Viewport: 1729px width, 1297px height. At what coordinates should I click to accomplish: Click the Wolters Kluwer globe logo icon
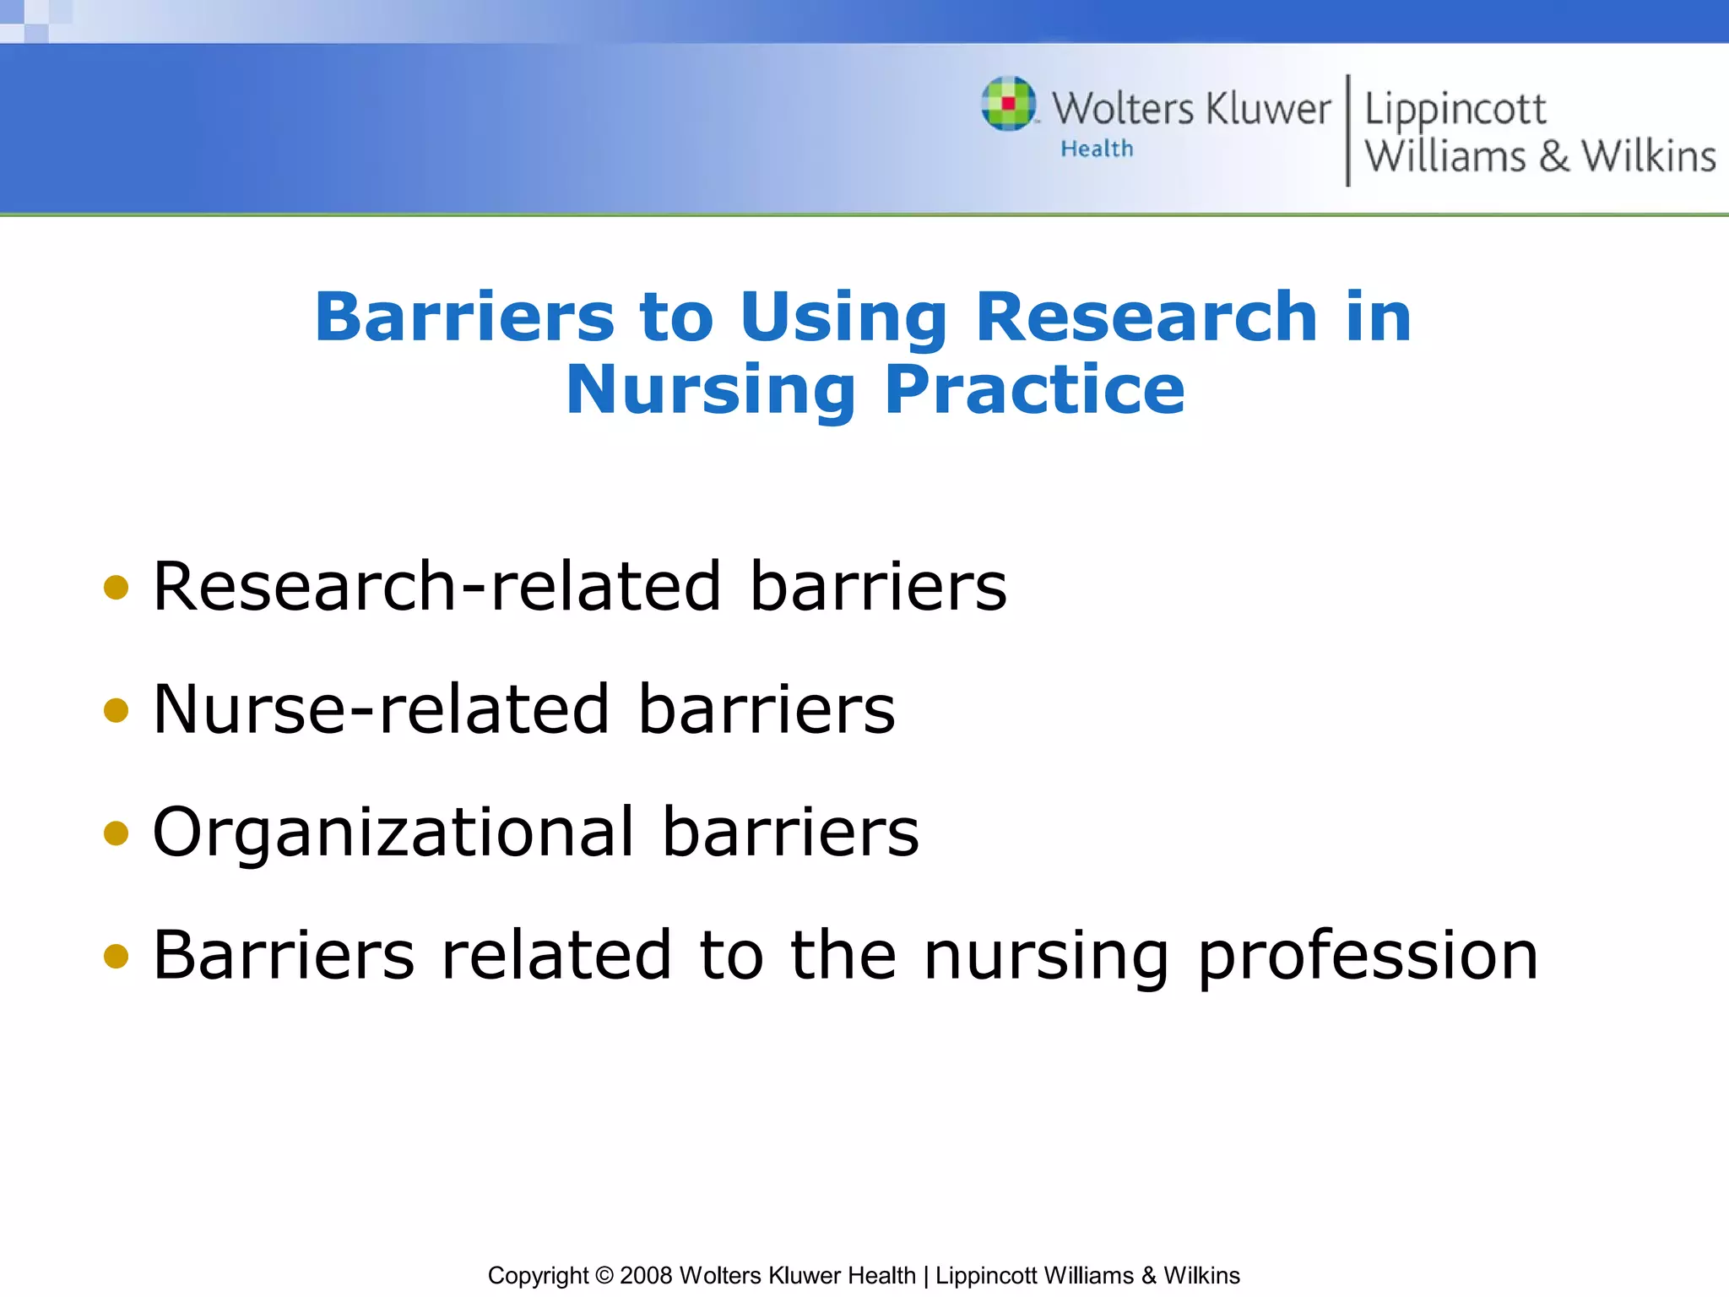[x=1008, y=104]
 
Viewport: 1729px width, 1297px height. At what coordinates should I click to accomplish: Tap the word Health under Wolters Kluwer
[x=1097, y=149]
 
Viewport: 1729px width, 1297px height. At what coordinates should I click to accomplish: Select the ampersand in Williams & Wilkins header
[x=1553, y=157]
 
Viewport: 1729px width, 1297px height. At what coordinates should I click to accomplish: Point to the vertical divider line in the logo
[x=1347, y=130]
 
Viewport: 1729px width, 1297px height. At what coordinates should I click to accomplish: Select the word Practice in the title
[x=1034, y=389]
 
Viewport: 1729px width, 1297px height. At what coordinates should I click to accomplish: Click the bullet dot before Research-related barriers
[x=116, y=588]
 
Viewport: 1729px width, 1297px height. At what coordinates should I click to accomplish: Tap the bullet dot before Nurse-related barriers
[x=116, y=710]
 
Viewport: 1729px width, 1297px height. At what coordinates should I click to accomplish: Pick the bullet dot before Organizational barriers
[x=116, y=833]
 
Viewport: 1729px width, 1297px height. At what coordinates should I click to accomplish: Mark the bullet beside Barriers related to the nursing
[x=116, y=957]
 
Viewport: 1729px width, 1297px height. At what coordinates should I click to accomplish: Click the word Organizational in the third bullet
[x=393, y=833]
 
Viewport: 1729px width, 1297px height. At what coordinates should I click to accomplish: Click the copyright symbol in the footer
[x=604, y=1275]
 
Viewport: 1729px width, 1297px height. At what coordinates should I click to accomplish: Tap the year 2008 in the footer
[x=646, y=1275]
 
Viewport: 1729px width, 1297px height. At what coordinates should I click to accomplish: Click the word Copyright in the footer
[x=538, y=1275]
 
